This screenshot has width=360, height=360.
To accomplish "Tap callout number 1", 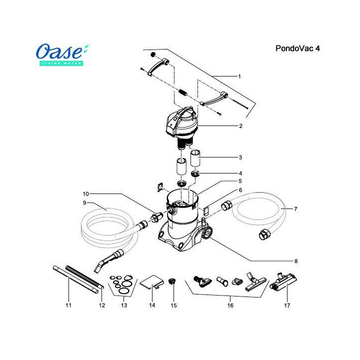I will point(239,76).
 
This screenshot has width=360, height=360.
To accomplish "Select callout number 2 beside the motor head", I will point(240,126).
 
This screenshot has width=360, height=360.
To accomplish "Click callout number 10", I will point(85,193).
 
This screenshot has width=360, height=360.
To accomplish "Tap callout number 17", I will point(287,304).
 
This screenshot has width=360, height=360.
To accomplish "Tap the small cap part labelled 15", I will point(173,281).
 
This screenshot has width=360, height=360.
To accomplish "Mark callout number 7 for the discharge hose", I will point(295,208).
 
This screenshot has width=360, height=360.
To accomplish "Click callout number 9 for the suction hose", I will point(85,202).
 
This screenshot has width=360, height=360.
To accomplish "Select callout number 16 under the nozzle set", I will point(230,304).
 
